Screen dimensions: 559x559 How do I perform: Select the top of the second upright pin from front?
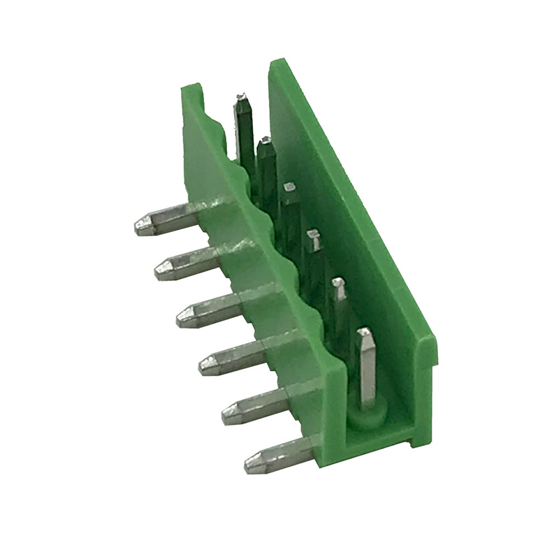click(339, 282)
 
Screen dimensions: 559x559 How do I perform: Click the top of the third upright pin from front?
click(313, 233)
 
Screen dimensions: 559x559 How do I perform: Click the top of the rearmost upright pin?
click(242, 97)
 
